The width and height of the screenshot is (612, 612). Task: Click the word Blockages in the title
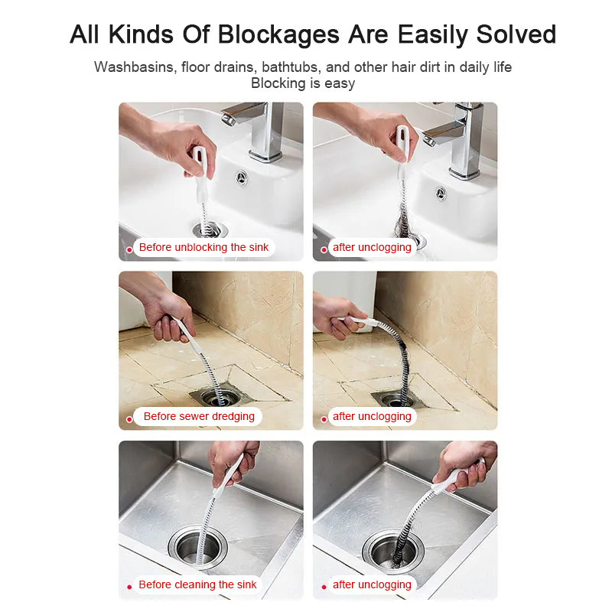coord(278,35)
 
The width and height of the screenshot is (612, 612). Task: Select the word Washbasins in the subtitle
coord(136,67)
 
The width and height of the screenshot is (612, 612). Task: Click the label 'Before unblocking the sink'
coord(203,247)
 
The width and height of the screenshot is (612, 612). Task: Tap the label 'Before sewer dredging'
coord(199,416)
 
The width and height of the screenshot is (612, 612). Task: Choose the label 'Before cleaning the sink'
coord(197,584)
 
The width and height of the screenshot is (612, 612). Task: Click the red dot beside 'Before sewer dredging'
coord(129,419)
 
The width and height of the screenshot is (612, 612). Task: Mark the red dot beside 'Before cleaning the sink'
coord(129,587)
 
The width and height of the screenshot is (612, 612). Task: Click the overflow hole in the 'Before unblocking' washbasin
coord(242,178)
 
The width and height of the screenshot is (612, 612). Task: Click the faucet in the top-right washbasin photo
coord(457,137)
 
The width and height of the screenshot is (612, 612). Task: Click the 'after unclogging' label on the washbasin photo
coord(372,247)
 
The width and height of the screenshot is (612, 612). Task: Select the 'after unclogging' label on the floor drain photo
coord(372,416)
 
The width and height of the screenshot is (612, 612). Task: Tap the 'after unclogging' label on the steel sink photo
coord(372,584)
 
